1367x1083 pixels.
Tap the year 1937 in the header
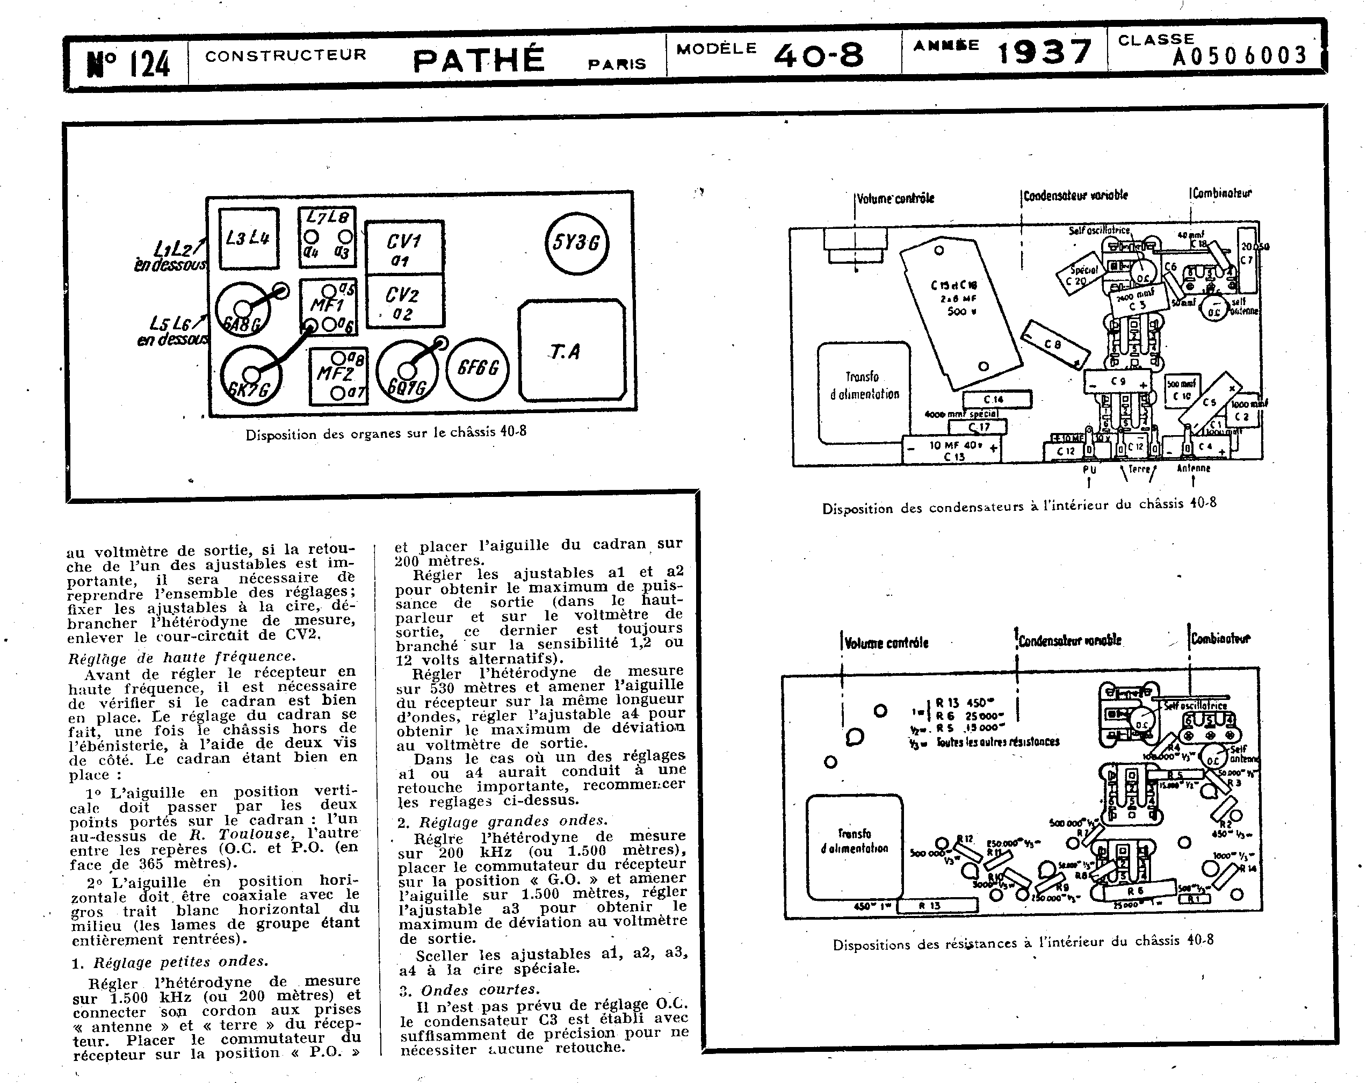1044,52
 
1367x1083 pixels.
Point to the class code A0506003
1239,56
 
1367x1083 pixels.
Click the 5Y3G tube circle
576,243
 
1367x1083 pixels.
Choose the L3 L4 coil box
248,239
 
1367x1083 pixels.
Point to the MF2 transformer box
338,377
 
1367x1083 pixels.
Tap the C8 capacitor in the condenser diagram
1054,344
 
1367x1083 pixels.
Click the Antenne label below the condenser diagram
1194,468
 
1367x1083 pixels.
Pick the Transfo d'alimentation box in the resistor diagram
854,841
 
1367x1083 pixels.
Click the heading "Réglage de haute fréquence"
182,657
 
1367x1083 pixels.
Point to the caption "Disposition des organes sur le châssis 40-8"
386,434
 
